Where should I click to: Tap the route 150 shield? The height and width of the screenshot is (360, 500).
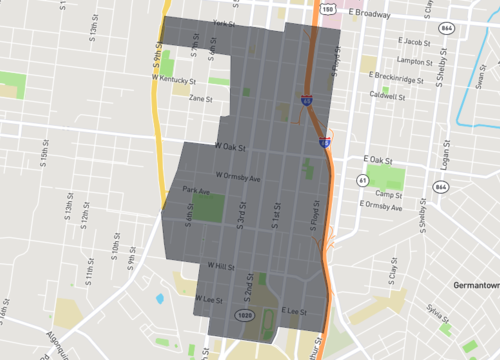pyautogui.click(x=329, y=7)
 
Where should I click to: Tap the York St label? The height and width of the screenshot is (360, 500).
pyautogui.click(x=223, y=23)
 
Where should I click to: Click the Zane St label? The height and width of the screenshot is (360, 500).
pyautogui.click(x=201, y=98)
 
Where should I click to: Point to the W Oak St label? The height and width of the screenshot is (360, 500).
pyautogui.click(x=230, y=146)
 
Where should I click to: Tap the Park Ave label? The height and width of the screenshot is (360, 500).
pyautogui.click(x=196, y=190)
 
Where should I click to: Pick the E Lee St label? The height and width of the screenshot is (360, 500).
pyautogui.click(x=293, y=311)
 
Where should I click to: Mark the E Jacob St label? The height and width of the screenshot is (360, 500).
pyautogui.click(x=410, y=42)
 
